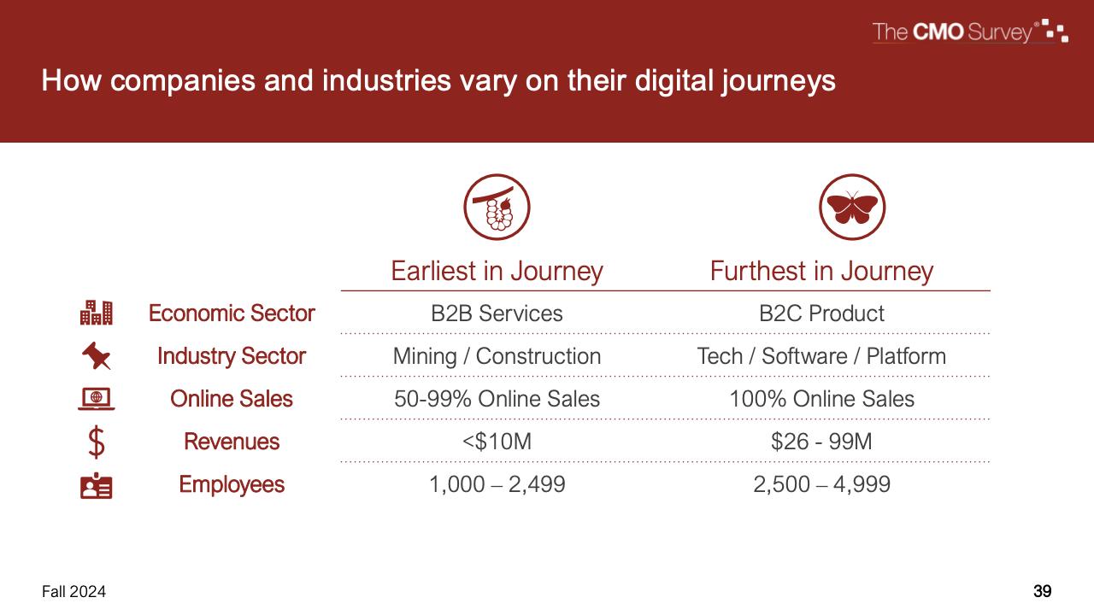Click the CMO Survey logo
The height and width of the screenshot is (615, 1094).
(x=970, y=32)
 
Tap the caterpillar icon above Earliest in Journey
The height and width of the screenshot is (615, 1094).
(x=497, y=207)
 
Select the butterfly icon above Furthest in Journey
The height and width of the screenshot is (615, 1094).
(x=852, y=207)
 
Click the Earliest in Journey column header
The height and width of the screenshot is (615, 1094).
(x=497, y=271)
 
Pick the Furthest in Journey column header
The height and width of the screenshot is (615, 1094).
(x=821, y=271)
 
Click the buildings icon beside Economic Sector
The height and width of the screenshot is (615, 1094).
(x=97, y=313)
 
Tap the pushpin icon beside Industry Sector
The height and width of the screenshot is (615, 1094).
(x=97, y=355)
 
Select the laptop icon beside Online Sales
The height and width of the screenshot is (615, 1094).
(x=97, y=399)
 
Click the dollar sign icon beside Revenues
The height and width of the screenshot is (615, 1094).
(x=97, y=442)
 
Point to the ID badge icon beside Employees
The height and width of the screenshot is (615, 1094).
(x=97, y=485)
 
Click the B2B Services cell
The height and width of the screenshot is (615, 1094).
(x=497, y=313)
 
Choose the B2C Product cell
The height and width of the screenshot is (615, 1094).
(x=821, y=313)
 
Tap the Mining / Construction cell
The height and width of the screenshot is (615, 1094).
(x=497, y=356)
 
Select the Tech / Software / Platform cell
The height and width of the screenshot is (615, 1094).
(x=821, y=356)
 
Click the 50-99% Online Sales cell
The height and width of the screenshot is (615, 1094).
(x=497, y=399)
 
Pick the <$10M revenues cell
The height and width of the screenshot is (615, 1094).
(x=497, y=442)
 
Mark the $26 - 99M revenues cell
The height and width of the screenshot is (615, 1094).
(x=821, y=442)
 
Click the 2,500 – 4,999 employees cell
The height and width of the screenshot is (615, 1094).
(x=821, y=484)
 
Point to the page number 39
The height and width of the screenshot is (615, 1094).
(x=1042, y=592)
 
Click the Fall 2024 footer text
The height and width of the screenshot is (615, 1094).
(x=74, y=592)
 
